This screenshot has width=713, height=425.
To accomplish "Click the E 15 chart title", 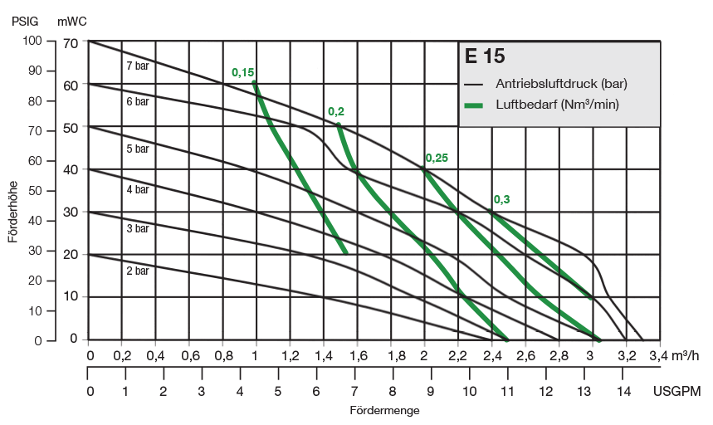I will pos(486,57).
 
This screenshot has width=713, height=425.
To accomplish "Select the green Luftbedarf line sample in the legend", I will pos(474,105).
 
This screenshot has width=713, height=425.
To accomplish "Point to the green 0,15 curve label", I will pos(242,73).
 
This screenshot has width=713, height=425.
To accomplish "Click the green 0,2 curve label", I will pos(336,111).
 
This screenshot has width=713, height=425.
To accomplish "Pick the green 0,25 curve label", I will pos(437,158).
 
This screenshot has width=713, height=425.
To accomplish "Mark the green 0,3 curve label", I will pos(502,199).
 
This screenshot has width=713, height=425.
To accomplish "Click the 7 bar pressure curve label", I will pos(138,64).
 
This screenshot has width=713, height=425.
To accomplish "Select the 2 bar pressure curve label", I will pos(138,271).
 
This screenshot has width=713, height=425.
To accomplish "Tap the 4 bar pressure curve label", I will pos(138,189).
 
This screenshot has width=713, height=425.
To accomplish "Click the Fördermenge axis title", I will pos(384,410).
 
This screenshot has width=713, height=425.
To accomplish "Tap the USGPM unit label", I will pos(678,391).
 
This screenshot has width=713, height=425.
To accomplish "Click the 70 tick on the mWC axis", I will pos(70,43).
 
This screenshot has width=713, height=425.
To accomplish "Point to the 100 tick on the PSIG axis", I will pos(32,40).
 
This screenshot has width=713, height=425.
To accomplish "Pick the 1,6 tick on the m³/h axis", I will pos(358,356).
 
